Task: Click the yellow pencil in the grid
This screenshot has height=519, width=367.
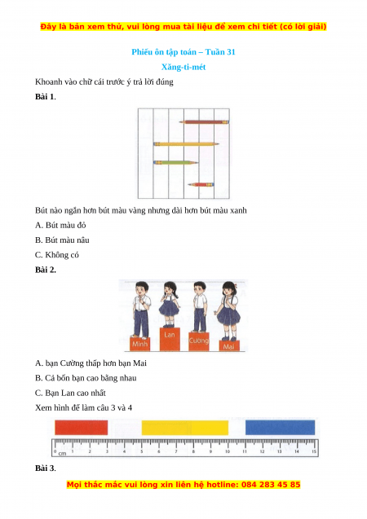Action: pyautogui.click(x=186, y=144)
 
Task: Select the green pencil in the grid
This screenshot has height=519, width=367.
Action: pyautogui.click(x=175, y=162)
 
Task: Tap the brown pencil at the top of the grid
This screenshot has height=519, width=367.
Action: pyautogui.click(x=204, y=122)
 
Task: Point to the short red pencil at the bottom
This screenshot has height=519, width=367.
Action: pyautogui.click(x=201, y=184)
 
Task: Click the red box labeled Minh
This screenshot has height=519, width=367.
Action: pyautogui.click(x=139, y=344)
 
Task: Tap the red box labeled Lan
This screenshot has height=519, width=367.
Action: pyautogui.click(x=170, y=339)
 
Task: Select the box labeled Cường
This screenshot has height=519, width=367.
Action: pyautogui.click(x=199, y=341)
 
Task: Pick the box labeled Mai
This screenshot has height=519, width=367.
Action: pyautogui.click(x=229, y=346)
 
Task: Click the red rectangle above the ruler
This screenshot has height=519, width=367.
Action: pyautogui.click(x=82, y=427)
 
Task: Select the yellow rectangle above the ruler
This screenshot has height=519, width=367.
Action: pyautogui.click(x=185, y=428)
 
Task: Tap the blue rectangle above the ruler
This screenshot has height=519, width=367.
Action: pyautogui.click(x=280, y=427)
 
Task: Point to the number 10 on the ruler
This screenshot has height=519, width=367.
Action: pyautogui.click(x=228, y=451)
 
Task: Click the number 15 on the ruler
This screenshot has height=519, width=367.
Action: pyautogui.click(x=314, y=451)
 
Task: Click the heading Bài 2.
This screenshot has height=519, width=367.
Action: pyautogui.click(x=46, y=270)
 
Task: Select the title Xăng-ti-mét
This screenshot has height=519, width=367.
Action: pyautogui.click(x=183, y=67)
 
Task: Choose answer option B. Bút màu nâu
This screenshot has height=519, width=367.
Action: pyautogui.click(x=62, y=240)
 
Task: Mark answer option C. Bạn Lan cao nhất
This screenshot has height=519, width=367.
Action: pyautogui.click(x=70, y=393)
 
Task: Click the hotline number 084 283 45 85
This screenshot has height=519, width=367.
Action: pyautogui.click(x=271, y=485)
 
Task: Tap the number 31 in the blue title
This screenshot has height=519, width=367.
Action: pyautogui.click(x=231, y=52)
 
